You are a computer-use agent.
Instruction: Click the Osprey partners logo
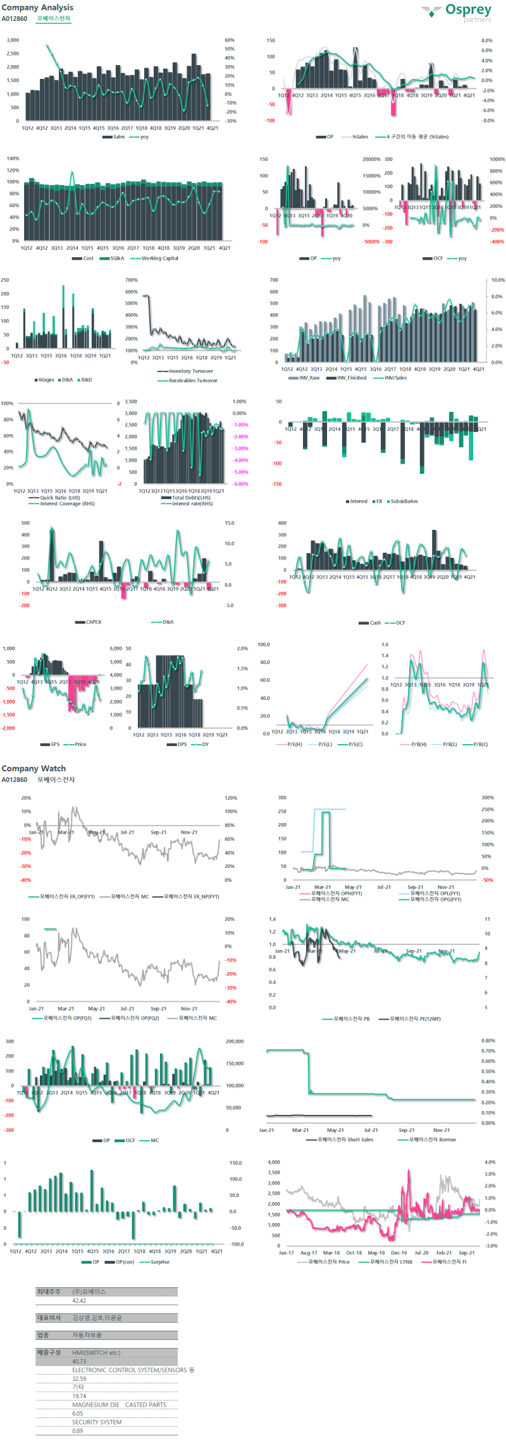point(457,12)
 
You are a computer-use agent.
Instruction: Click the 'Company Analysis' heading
point(37,8)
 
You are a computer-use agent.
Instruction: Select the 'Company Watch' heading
point(34,768)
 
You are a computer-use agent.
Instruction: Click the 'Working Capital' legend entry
point(159,258)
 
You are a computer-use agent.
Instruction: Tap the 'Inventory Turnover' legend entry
point(190,371)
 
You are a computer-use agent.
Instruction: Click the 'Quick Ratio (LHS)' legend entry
point(60,498)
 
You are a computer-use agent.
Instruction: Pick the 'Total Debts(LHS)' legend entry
point(191,498)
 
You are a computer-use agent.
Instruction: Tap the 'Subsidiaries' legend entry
point(404,501)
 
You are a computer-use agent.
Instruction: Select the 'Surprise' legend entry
point(159,1262)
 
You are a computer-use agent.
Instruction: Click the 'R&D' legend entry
point(87,380)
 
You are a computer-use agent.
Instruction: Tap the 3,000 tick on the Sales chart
point(13,40)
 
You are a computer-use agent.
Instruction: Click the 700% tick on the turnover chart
point(131,280)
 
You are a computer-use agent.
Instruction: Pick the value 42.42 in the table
point(79,1301)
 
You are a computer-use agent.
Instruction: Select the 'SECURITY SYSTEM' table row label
point(97,1422)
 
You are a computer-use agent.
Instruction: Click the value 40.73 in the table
point(79,1361)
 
